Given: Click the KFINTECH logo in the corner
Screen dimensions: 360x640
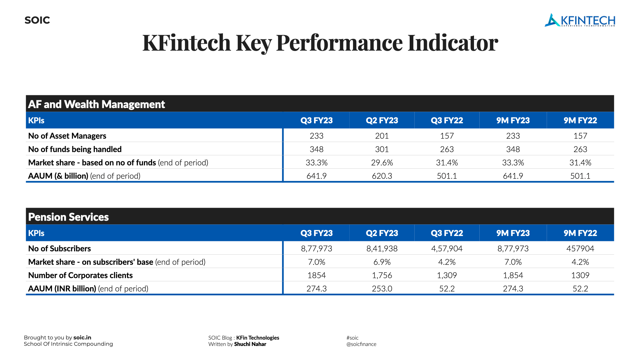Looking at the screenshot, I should pos(580,20).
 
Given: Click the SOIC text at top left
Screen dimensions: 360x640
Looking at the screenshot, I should pos(37,20).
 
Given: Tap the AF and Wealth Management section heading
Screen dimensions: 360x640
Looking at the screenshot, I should pos(96,104).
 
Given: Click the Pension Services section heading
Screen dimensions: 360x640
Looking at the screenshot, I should pos(68,217).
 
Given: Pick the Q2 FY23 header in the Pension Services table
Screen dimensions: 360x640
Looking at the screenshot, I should pos(382,233).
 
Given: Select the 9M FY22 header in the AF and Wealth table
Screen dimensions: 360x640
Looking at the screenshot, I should pos(580,120).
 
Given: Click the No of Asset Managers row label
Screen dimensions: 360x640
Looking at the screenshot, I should pos(67,136).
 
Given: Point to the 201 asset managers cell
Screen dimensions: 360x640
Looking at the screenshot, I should pos(382,136).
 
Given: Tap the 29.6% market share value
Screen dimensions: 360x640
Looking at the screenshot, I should pos(382,163).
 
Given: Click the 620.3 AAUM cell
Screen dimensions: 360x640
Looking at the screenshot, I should pos(382,176).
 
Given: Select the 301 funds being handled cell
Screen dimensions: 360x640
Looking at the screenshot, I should pos(382,149).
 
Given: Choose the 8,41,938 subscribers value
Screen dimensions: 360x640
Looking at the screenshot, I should pos(382,249).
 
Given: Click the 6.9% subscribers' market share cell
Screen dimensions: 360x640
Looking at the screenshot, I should pos(382,262).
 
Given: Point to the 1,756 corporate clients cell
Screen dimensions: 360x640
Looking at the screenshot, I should pos(382,275).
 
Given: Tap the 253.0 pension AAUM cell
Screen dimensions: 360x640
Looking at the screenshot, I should pos(382,289).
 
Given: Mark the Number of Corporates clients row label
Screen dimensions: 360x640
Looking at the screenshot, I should pos(80,275).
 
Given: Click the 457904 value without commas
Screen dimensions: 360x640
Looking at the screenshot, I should pos(580,249).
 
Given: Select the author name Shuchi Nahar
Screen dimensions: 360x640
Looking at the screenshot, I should pos(250,344).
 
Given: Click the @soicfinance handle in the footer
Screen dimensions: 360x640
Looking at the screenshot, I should pos(361,344).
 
